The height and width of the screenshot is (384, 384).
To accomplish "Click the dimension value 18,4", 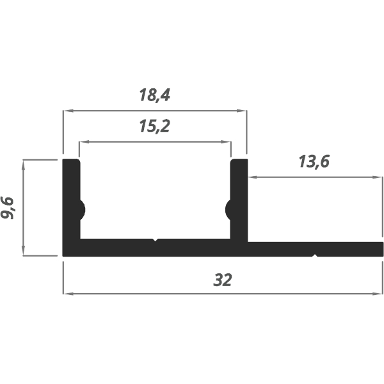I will (x=154, y=95).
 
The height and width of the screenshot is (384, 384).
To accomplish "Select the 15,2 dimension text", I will (x=154, y=127).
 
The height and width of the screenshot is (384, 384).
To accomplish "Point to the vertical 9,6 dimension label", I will (x=9, y=207).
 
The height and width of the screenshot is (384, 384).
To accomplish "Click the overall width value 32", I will (x=222, y=280).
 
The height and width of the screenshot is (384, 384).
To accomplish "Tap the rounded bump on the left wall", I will (x=82, y=209).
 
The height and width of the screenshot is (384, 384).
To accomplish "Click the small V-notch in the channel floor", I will (x=154, y=241).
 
